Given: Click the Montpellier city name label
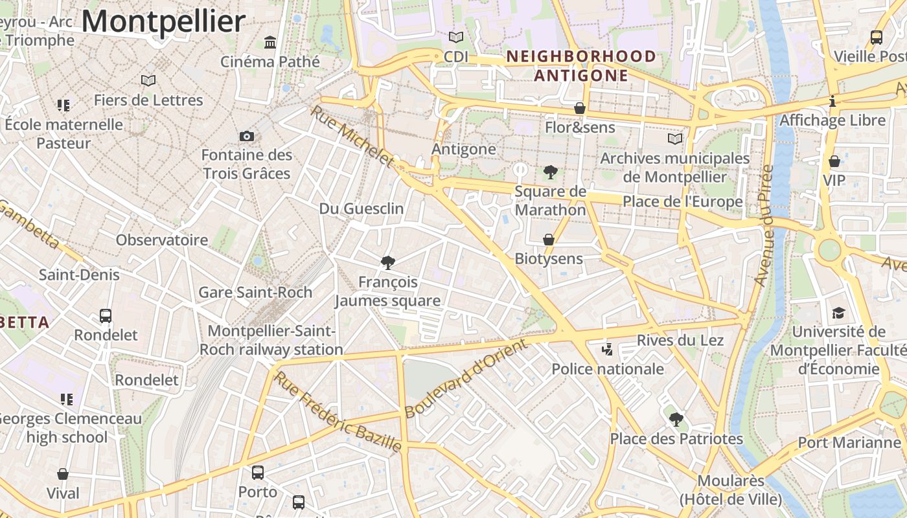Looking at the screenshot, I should click(x=163, y=21).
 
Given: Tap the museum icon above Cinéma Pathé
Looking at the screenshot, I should click(x=270, y=43).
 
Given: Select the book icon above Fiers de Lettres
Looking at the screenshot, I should click(x=148, y=80).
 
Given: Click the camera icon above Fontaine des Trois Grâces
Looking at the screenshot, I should click(x=247, y=136).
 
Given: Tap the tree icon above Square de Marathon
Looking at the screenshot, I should click(x=551, y=172).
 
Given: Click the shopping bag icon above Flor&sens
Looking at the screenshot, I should click(x=580, y=107).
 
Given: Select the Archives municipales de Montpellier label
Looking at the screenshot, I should click(x=674, y=167).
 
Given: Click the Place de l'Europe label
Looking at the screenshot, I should click(x=683, y=201).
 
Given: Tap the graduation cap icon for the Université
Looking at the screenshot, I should click(x=838, y=313).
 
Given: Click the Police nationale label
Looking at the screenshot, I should click(x=608, y=369).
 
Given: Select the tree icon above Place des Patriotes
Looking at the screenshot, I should click(x=676, y=419).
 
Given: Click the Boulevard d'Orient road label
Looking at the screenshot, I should click(x=465, y=378).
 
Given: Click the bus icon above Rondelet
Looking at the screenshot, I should click(x=106, y=316).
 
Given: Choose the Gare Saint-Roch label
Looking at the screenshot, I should click(x=255, y=292).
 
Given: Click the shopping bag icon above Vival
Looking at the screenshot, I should click(x=63, y=474).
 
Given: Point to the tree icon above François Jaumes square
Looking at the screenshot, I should click(x=388, y=262).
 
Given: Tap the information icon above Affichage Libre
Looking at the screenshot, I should click(x=832, y=101).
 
